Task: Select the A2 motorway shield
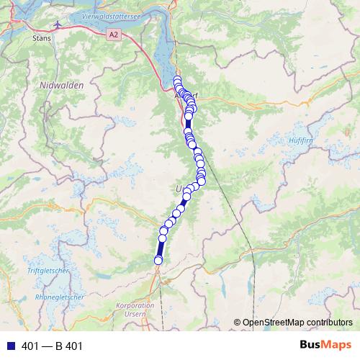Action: [113, 34]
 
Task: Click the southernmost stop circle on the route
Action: [158, 261]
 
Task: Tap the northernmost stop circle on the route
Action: [177, 80]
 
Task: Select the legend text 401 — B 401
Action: [53, 346]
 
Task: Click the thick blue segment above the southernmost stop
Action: [160, 249]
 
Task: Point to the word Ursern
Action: [144, 314]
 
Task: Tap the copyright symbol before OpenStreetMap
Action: [238, 322]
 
